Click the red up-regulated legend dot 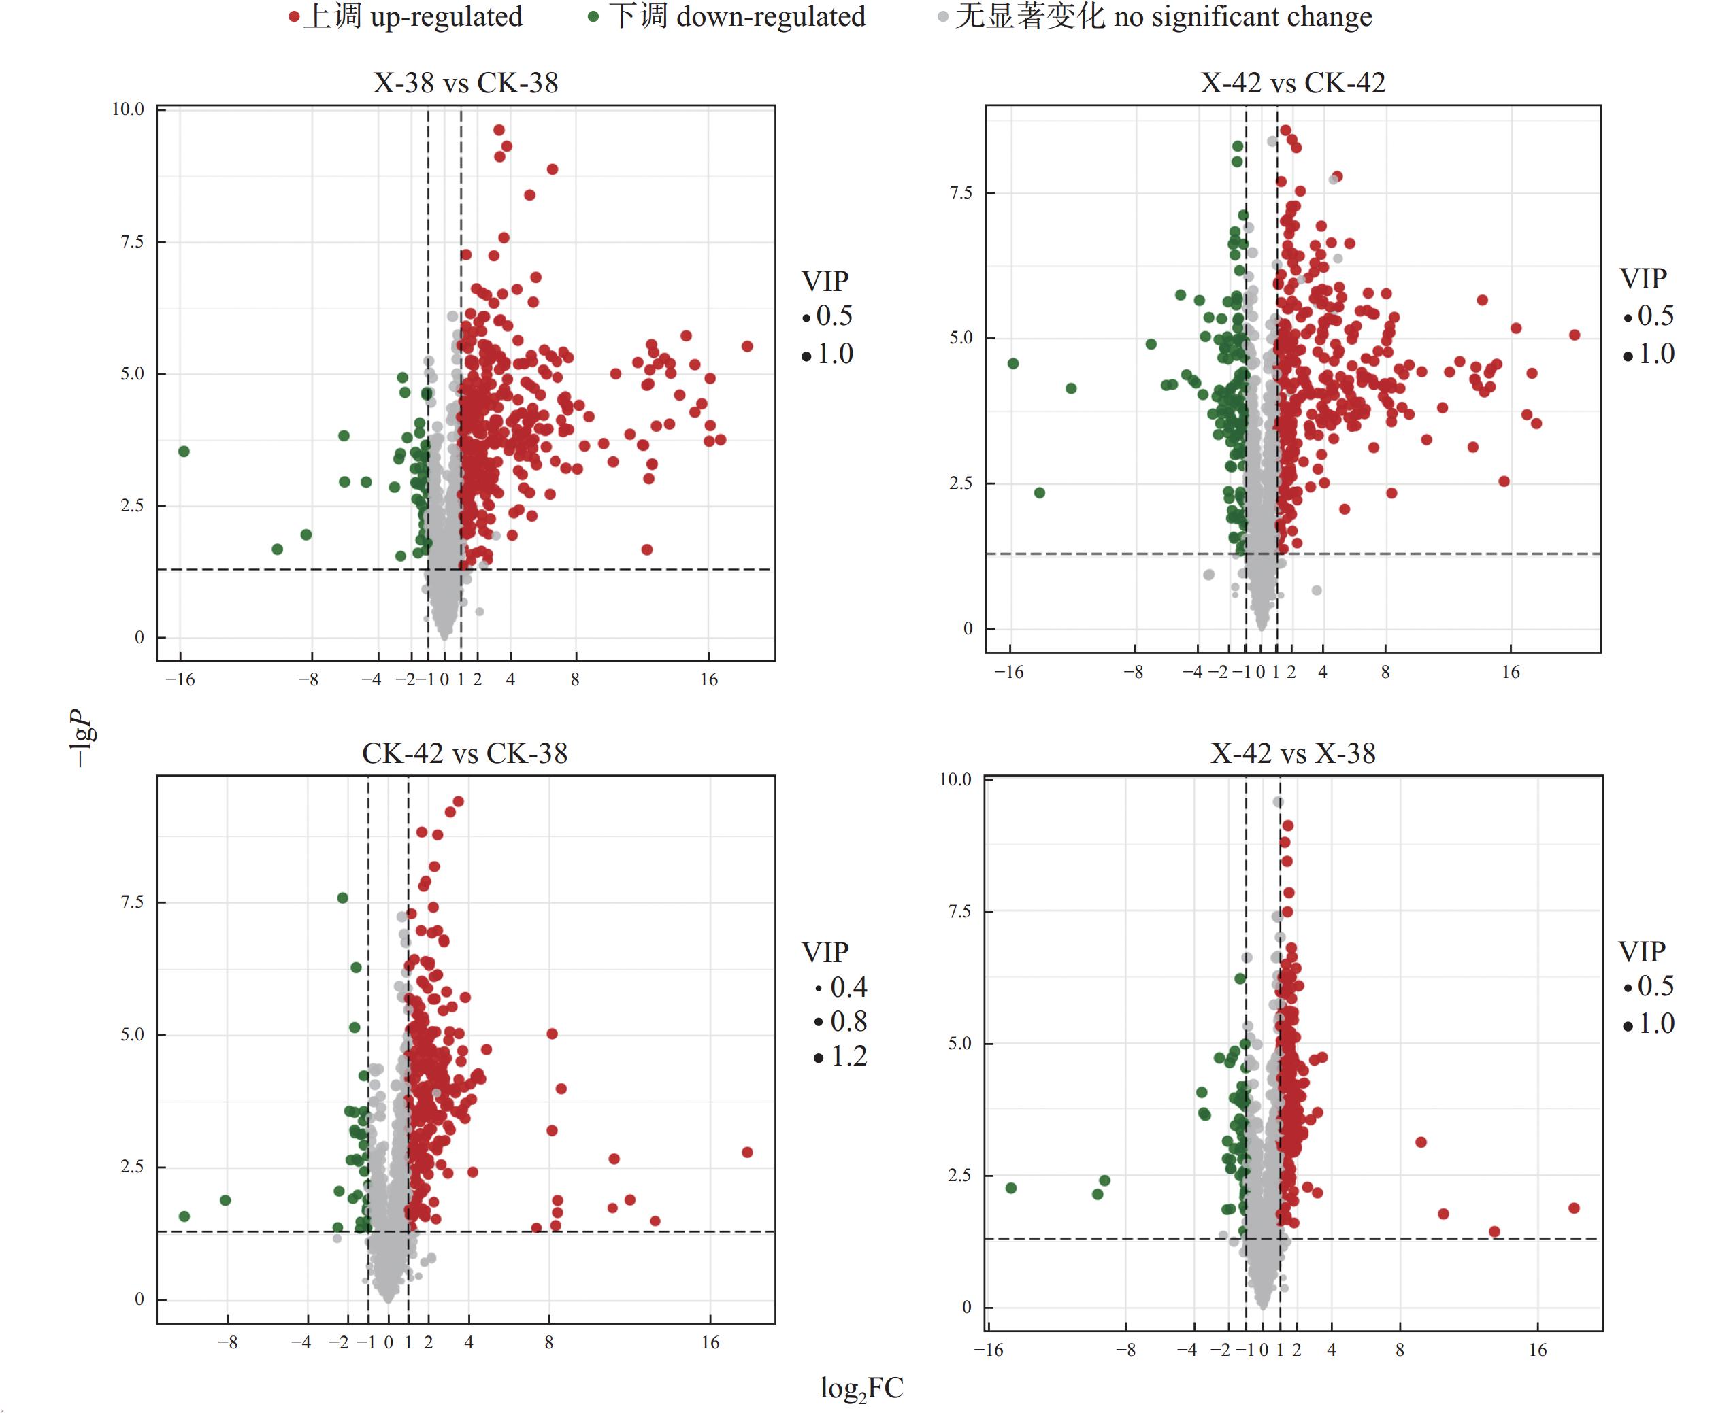[294, 17]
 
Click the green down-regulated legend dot [593, 16]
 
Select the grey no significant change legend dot [942, 17]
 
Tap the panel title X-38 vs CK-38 [465, 83]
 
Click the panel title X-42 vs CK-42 [1292, 83]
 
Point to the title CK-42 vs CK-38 [464, 753]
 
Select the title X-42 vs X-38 [1292, 753]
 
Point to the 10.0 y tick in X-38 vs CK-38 [128, 109]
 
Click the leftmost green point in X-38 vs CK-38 [184, 451]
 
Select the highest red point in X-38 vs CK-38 [499, 131]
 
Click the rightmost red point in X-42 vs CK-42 [1575, 335]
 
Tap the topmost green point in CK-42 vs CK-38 [343, 898]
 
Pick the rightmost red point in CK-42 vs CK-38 [748, 1152]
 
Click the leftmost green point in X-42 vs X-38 [1011, 1189]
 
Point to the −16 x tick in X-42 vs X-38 [989, 1350]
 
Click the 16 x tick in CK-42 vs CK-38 [710, 1342]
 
